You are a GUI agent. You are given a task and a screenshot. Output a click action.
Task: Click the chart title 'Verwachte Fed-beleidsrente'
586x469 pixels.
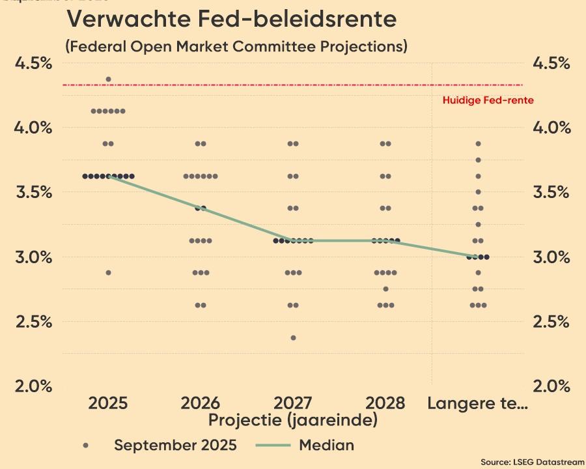[231, 19]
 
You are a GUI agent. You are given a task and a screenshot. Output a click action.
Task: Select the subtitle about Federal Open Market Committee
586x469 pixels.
[236, 46]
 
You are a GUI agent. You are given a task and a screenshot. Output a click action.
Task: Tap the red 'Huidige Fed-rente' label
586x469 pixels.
[488, 100]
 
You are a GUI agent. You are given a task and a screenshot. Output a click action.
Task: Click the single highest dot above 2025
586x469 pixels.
[108, 79]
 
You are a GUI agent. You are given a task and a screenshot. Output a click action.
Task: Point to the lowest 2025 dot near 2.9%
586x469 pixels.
[108, 273]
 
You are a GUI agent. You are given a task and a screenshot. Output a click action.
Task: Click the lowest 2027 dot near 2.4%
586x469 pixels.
[293, 337]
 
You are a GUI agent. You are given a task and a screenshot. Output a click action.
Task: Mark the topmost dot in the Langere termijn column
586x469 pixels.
[478, 143]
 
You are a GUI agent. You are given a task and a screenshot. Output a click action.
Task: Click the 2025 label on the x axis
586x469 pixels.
[108, 403]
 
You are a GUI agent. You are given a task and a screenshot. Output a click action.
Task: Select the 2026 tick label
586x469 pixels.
[201, 403]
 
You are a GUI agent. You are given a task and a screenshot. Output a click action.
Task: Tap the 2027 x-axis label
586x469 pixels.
[293, 403]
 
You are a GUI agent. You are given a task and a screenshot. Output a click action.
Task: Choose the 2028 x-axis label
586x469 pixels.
[385, 403]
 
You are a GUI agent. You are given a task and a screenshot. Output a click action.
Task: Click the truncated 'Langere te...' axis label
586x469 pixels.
[477, 403]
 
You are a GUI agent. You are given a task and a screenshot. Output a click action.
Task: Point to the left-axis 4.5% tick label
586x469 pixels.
[33, 63]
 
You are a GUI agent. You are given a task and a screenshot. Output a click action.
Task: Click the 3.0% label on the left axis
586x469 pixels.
[33, 257]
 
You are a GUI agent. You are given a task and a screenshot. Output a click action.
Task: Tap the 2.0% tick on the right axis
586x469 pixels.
[551, 386]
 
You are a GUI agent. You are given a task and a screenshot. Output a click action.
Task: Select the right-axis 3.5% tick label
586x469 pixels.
[551, 192]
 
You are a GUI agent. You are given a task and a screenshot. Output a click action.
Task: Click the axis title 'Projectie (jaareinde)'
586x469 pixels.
[293, 420]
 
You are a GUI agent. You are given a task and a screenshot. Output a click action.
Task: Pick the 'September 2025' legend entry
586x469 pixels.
[175, 446]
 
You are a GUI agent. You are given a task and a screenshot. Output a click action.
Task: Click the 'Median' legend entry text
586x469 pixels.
[327, 446]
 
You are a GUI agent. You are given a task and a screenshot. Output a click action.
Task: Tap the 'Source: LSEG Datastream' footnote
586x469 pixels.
[533, 462]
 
